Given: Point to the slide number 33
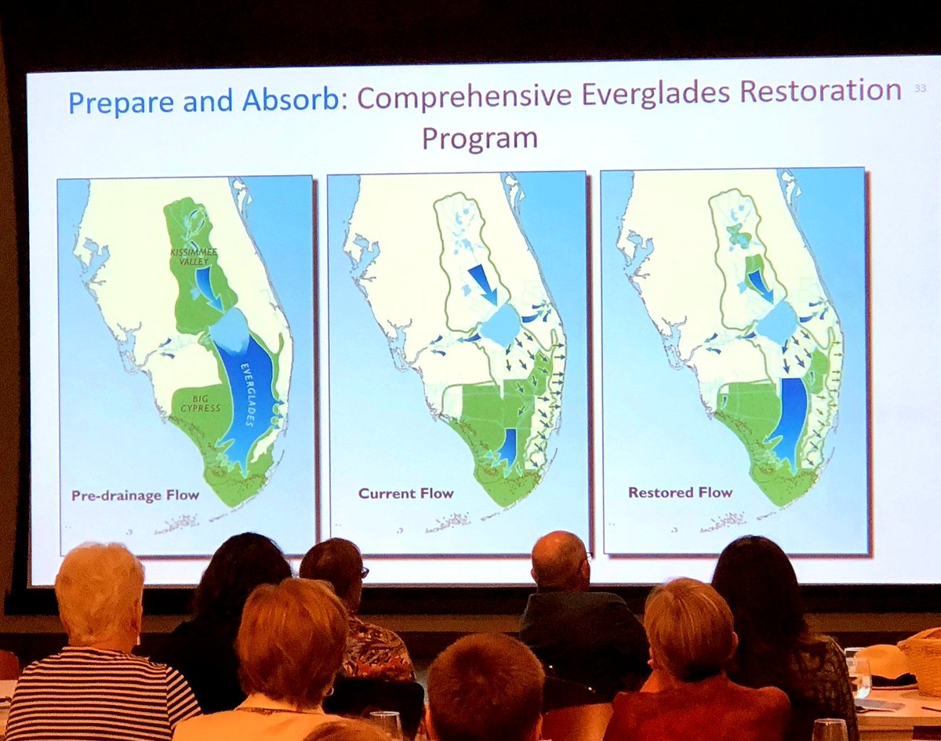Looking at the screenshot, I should click(x=920, y=89).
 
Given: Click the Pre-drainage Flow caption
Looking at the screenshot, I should click(x=135, y=495).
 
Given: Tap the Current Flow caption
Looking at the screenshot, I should click(x=405, y=493).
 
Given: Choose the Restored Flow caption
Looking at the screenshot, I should click(x=680, y=492).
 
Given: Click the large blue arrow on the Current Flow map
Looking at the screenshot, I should click(x=481, y=283).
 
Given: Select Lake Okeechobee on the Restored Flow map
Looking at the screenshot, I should click(x=777, y=321).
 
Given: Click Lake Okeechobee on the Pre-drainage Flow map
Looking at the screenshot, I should click(x=230, y=328).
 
